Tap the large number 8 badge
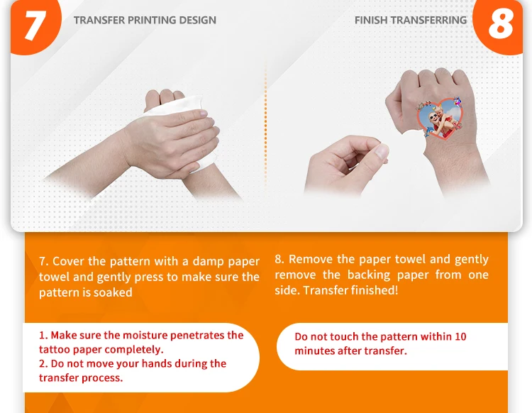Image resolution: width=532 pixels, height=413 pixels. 499,26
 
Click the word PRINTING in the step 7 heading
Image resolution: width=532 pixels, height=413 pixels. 152,20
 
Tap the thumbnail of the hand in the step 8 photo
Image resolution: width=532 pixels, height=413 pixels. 382,151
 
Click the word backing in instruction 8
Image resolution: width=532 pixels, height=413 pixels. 369,275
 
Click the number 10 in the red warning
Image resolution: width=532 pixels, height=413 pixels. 460,336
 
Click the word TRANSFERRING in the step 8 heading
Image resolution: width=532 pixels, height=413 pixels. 428,20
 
